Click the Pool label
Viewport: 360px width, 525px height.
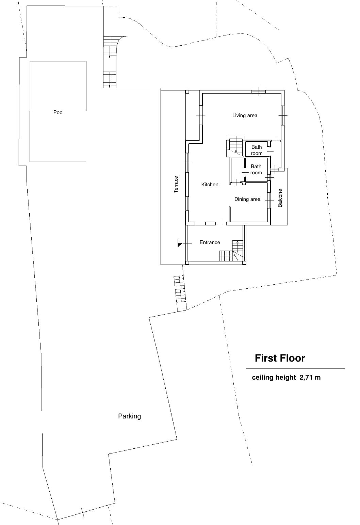click(58, 112)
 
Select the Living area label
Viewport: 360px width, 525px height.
click(245, 115)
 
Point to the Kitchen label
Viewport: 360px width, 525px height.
click(210, 185)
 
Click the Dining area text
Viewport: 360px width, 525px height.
click(247, 199)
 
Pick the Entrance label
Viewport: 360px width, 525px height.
click(210, 242)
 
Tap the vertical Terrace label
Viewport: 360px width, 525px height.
click(176, 185)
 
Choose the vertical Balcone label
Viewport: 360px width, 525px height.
click(280, 198)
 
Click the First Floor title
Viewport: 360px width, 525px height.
click(280, 358)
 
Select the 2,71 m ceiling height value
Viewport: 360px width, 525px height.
click(310, 377)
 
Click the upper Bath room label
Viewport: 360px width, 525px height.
click(257, 150)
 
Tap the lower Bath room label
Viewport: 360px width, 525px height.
click(256, 170)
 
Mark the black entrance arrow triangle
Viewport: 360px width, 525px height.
click(180, 243)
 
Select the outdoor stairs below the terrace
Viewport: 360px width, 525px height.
click(180, 293)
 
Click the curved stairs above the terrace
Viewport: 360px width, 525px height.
click(112, 62)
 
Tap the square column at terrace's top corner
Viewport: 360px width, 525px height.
click(187, 92)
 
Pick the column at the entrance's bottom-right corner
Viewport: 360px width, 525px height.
click(244, 263)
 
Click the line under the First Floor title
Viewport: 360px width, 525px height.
click(295, 369)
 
